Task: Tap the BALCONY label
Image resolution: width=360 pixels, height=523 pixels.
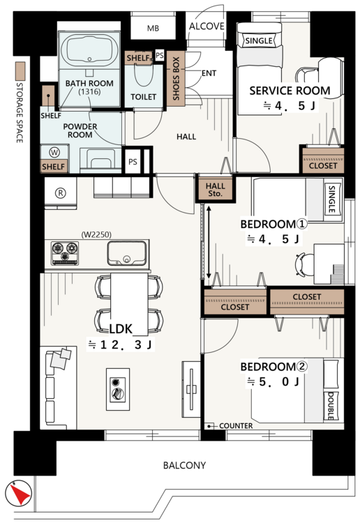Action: click(x=184, y=465)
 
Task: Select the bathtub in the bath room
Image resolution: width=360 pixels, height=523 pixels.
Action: click(x=89, y=50)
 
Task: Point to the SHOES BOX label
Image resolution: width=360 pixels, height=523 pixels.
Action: click(x=176, y=78)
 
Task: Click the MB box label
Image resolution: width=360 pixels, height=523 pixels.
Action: click(x=153, y=29)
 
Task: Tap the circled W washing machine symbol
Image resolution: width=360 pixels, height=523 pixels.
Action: click(x=54, y=153)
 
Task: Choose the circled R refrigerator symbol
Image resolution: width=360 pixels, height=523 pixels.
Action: click(x=61, y=192)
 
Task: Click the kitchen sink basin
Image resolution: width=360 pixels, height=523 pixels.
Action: click(x=127, y=253)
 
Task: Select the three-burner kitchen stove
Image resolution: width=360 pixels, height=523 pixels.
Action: click(x=65, y=253)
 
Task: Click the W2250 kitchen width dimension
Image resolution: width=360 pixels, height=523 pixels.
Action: click(x=96, y=235)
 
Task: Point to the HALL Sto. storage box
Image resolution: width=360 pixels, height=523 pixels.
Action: click(x=215, y=190)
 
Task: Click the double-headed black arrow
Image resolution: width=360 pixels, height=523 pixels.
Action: click(x=209, y=243)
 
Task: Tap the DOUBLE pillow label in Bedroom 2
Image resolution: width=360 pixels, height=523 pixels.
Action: click(x=330, y=406)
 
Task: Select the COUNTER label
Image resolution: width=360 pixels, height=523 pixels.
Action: click(x=236, y=426)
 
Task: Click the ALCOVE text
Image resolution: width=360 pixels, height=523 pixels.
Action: click(x=207, y=26)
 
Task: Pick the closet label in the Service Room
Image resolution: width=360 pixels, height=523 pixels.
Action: click(x=323, y=165)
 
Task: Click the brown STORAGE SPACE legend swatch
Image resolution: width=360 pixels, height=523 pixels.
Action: click(x=20, y=70)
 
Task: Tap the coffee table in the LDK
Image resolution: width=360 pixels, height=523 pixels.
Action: click(x=118, y=389)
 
